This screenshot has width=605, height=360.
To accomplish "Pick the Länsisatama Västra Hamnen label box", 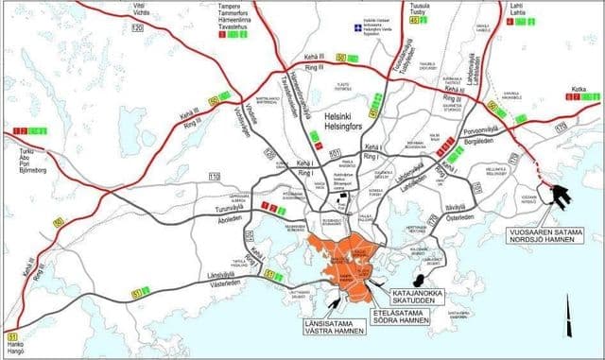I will [310, 332].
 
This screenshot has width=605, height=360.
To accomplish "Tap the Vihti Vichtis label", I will [142, 9].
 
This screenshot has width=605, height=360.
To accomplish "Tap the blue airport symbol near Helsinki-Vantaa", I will [357, 27].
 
